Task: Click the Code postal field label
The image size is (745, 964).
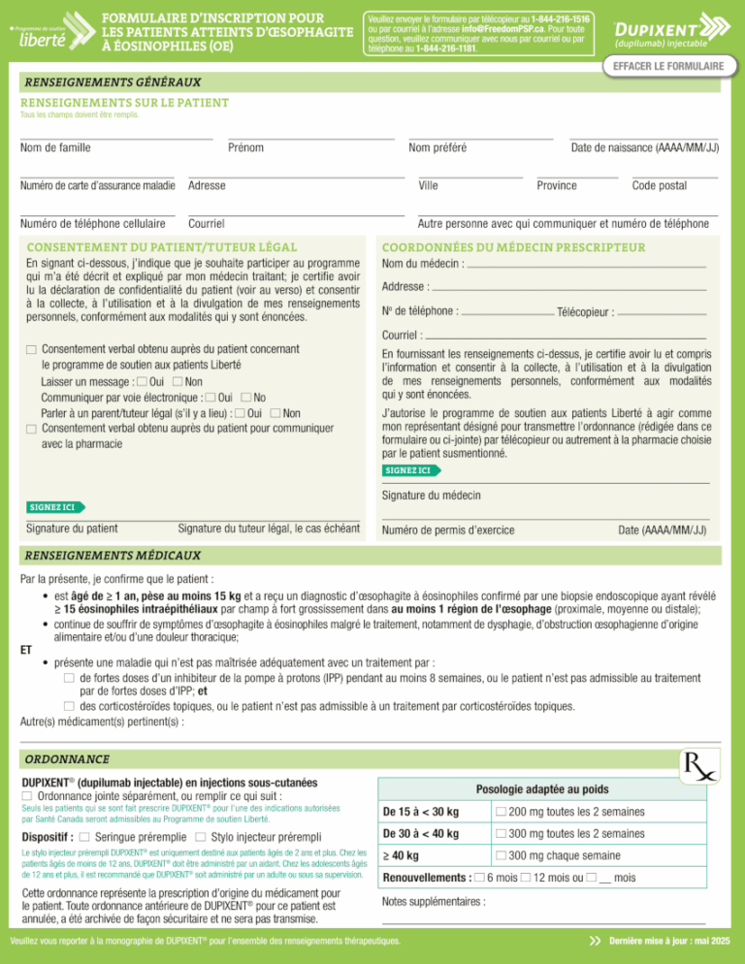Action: (659, 185)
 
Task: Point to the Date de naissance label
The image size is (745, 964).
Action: (644, 148)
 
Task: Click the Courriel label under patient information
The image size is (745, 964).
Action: (208, 223)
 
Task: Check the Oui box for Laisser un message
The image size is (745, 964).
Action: (143, 382)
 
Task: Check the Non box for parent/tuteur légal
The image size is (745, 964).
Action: (277, 413)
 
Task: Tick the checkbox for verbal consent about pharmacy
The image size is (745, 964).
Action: (31, 429)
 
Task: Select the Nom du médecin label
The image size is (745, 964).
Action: (423, 264)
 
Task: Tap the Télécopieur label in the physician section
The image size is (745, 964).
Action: (586, 312)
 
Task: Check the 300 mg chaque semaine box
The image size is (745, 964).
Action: (500, 857)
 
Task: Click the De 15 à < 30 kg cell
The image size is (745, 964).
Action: (421, 811)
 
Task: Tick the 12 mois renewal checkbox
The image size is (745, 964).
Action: (525, 880)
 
